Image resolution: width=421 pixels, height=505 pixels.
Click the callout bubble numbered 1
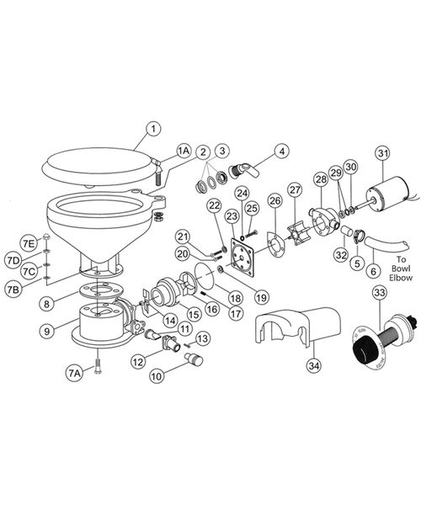click(152, 129)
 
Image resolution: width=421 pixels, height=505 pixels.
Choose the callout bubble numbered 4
click(283, 151)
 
